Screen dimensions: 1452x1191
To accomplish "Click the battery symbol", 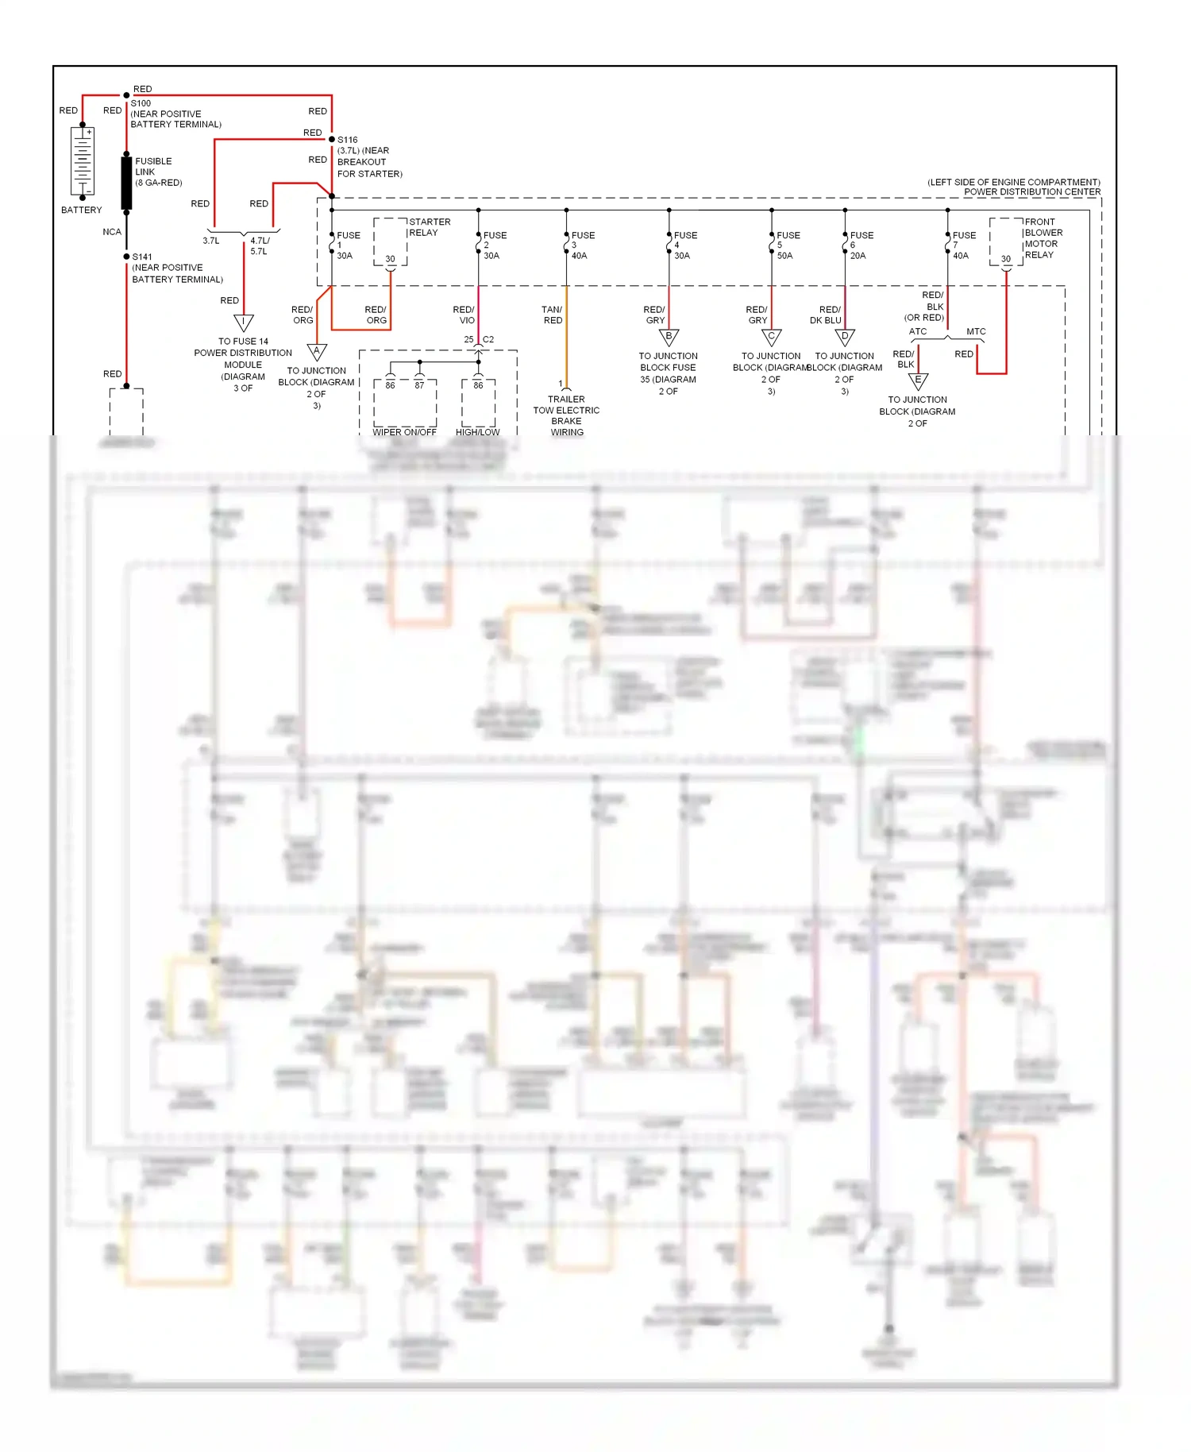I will click(83, 161).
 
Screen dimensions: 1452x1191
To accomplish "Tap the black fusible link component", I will click(126, 183).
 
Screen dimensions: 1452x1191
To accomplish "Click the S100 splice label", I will click(141, 103).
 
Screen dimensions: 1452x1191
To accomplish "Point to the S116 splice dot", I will click(332, 140).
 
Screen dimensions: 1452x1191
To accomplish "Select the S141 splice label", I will click(142, 257).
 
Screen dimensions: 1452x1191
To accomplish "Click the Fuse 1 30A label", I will click(346, 245).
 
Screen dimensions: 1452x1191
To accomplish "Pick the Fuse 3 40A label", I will click(581, 245).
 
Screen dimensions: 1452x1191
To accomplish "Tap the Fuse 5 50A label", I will click(787, 245).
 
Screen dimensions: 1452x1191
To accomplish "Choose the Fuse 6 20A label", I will click(860, 245).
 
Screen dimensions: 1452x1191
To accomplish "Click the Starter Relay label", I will click(429, 227).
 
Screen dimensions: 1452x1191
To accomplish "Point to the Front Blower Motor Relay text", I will click(1043, 238).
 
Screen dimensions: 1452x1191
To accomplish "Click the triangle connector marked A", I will click(317, 351).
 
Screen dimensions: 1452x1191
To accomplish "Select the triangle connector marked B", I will click(669, 338).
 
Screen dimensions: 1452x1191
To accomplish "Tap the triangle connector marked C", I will click(771, 338).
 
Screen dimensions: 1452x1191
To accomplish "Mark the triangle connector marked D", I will click(845, 338).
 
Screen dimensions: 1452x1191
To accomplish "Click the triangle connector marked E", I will click(918, 381).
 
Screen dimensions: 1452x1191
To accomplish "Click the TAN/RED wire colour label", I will click(553, 315).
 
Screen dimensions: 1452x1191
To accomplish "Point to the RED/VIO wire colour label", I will click(464, 315).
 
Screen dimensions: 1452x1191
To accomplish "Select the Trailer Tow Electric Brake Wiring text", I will click(566, 415).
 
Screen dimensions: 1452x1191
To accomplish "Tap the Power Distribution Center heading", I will click(1031, 191).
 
